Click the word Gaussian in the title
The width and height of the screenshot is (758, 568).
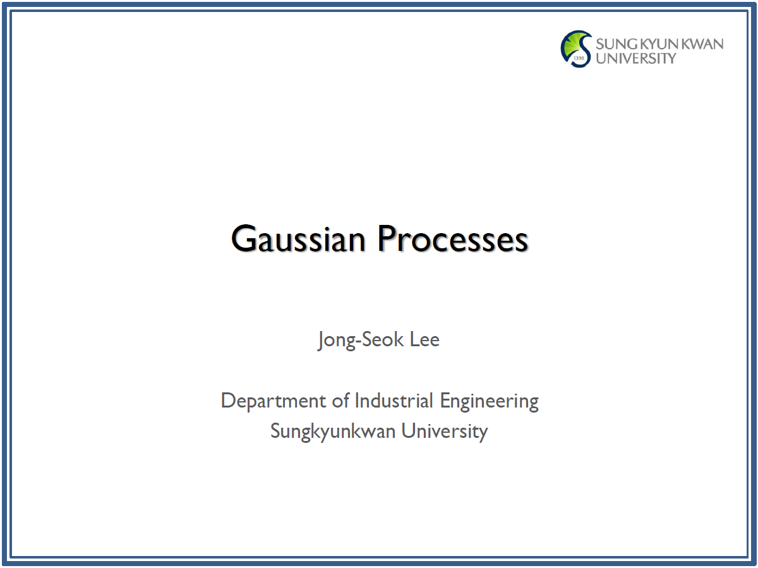click(x=298, y=238)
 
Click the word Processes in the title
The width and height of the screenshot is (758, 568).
click(x=453, y=238)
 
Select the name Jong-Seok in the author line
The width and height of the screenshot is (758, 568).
click(x=361, y=340)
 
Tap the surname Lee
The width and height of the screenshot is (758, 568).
click(x=424, y=339)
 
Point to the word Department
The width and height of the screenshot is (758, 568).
click(x=273, y=402)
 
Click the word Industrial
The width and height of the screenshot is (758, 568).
click(x=394, y=401)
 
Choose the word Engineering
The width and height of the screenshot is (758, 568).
click(x=489, y=402)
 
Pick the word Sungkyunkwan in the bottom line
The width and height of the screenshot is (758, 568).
click(x=332, y=432)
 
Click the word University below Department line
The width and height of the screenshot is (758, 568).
click(x=445, y=432)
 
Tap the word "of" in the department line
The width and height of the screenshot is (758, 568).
click(x=340, y=401)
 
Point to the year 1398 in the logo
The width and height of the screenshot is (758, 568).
click(x=579, y=58)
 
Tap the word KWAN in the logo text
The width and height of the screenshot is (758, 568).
click(x=704, y=44)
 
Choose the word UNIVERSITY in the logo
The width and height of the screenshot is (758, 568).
click(x=635, y=58)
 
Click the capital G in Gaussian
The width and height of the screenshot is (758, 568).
click(x=243, y=238)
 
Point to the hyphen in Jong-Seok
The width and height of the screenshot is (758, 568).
click(x=358, y=341)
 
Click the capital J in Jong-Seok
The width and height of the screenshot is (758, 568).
click(x=321, y=341)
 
